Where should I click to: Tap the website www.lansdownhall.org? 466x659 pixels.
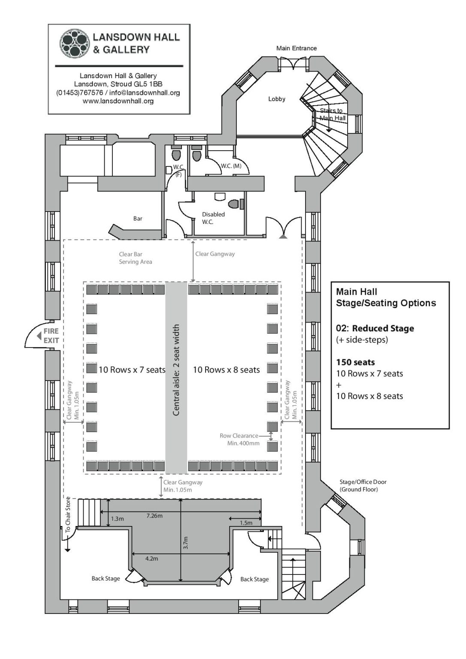(x=118, y=101)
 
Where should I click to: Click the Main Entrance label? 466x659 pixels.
(x=296, y=48)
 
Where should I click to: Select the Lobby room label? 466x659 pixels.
(x=276, y=99)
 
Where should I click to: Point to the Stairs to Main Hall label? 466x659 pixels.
(x=332, y=114)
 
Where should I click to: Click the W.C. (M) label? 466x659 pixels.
(x=231, y=166)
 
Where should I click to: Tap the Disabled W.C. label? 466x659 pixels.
(x=213, y=218)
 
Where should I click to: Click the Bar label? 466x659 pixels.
(x=137, y=218)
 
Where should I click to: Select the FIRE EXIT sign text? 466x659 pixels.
(x=51, y=336)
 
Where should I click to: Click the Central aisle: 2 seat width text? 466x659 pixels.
(x=176, y=370)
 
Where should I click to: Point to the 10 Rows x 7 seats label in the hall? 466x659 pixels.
(x=132, y=370)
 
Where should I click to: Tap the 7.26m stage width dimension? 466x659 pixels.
(x=154, y=515)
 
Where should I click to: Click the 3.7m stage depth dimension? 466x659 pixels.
(x=185, y=543)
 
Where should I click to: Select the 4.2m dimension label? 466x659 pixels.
(x=151, y=559)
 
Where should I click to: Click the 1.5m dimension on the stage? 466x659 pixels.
(x=246, y=523)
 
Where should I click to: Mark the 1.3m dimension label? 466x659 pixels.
(x=117, y=519)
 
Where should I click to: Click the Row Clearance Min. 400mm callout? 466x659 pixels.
(x=239, y=439)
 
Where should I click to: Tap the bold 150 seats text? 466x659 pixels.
(x=355, y=362)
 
